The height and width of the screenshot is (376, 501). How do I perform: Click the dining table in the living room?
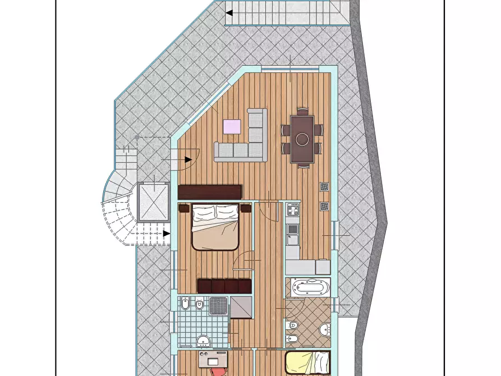(302, 138)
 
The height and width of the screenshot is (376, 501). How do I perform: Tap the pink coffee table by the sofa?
(233, 126)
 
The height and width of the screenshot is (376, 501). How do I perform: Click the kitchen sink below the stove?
(292, 229)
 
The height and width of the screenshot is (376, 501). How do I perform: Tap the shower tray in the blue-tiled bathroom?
(218, 306)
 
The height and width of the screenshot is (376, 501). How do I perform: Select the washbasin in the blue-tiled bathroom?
(203, 340)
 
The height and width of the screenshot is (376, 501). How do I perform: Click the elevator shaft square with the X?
(153, 200)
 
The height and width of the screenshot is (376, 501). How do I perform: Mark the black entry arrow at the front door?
(187, 159)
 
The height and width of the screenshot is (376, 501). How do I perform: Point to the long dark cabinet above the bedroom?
(209, 192)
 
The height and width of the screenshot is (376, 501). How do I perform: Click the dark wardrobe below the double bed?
(223, 286)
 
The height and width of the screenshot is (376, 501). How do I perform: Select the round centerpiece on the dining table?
(302, 139)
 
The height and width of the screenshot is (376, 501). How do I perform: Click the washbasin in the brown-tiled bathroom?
(324, 329)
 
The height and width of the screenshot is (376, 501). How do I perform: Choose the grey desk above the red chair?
(214, 357)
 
